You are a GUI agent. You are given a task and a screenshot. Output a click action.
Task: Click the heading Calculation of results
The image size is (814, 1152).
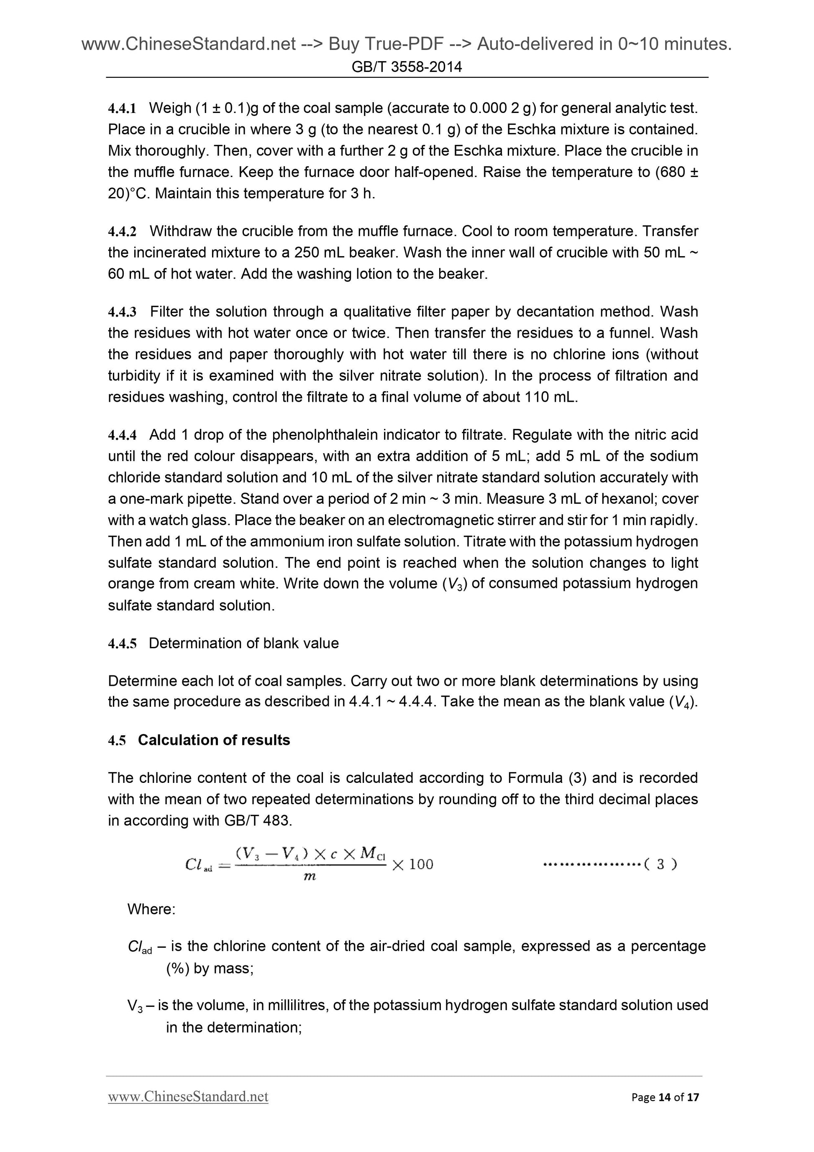point(214,740)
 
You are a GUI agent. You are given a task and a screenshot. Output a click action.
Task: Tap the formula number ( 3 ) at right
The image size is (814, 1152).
point(660,864)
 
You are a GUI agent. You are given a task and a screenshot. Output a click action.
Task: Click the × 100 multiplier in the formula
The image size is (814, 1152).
point(412,864)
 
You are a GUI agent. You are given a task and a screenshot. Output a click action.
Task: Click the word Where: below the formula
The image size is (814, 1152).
point(151,909)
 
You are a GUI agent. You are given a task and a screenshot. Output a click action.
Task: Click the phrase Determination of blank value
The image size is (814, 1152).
point(244,643)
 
